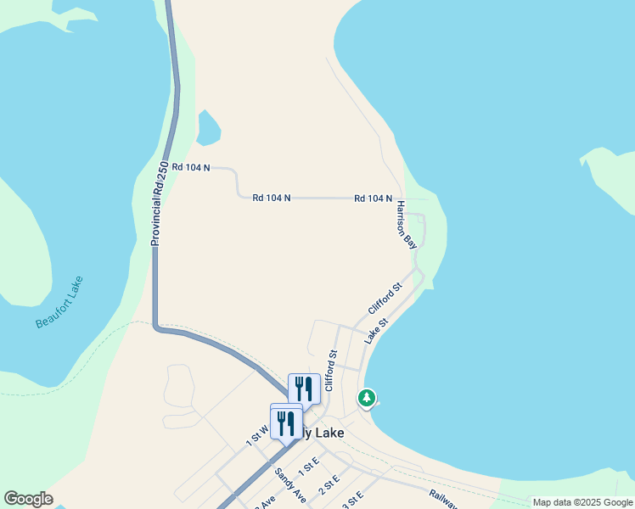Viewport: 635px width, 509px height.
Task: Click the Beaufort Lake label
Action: click(59, 303)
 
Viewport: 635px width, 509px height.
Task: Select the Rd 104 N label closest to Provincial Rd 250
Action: click(190, 168)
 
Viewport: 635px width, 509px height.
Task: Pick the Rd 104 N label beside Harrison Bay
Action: click(373, 199)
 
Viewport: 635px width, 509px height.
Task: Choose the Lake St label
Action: click(376, 331)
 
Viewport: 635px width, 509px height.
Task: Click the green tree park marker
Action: click(367, 397)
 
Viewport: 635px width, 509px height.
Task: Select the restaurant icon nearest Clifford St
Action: click(304, 389)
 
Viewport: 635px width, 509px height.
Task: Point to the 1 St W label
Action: click(257, 436)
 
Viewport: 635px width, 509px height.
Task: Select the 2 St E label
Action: click(329, 486)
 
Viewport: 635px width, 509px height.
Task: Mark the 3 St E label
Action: click(352, 499)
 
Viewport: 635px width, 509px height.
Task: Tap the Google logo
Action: click(28, 499)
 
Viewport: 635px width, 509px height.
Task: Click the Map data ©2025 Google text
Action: click(583, 502)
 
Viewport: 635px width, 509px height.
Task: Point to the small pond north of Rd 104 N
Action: click(208, 128)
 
